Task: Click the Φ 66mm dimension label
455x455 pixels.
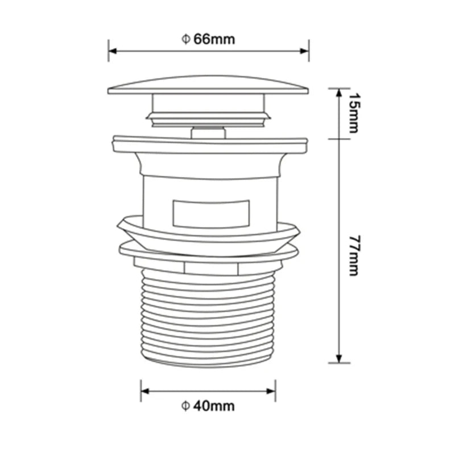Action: point(208,39)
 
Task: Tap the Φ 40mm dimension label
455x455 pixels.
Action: point(208,406)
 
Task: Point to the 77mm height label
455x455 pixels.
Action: point(353,255)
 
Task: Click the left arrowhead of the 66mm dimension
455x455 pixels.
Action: point(112,51)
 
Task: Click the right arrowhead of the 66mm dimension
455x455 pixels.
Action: point(305,51)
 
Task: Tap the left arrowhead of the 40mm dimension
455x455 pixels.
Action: point(145,391)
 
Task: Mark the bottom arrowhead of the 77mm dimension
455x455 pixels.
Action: point(339,358)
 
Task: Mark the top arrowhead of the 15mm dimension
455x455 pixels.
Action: point(339,92)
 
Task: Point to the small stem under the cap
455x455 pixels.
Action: point(208,133)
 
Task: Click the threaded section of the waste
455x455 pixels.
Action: point(208,318)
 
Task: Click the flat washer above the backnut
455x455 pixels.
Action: point(208,250)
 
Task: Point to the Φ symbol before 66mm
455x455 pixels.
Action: point(185,39)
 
